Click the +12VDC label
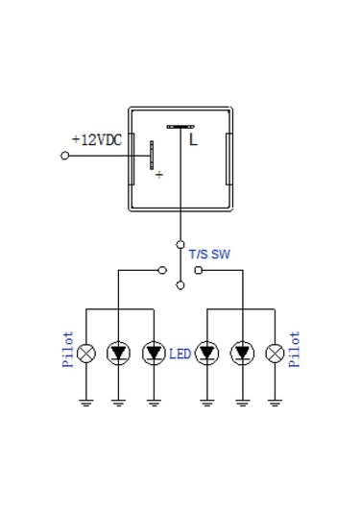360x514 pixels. click(x=98, y=139)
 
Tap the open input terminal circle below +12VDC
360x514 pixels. click(x=64, y=155)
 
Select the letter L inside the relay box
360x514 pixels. click(x=193, y=140)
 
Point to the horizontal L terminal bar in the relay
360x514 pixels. click(x=180, y=126)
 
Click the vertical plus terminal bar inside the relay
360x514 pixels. click(x=150, y=155)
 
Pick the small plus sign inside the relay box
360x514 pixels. click(x=158, y=175)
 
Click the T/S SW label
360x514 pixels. click(x=209, y=255)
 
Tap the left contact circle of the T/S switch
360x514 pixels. click(x=161, y=271)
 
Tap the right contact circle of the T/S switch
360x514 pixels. click(x=198, y=271)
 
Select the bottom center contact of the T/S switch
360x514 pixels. click(x=180, y=285)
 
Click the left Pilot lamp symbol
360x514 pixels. click(x=86, y=354)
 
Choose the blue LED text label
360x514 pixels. click(x=180, y=355)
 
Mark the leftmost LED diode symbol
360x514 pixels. click(x=118, y=354)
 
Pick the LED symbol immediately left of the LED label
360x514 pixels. click(x=152, y=354)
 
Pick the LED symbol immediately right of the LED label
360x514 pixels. click(x=206, y=354)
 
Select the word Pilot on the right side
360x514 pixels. click(x=295, y=350)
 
